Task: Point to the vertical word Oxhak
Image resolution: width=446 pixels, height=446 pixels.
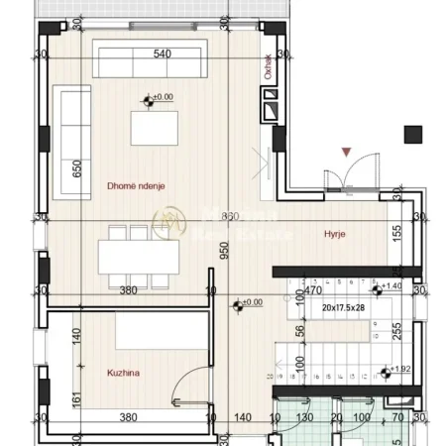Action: [269, 65]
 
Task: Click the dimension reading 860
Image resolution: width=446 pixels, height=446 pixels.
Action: [230, 216]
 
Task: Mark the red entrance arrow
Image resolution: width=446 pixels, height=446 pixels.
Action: [344, 152]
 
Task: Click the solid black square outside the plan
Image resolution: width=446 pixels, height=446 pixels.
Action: [413, 135]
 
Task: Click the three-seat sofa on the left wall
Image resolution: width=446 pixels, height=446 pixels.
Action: [68, 126]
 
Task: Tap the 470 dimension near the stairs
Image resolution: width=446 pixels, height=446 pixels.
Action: [312, 291]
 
